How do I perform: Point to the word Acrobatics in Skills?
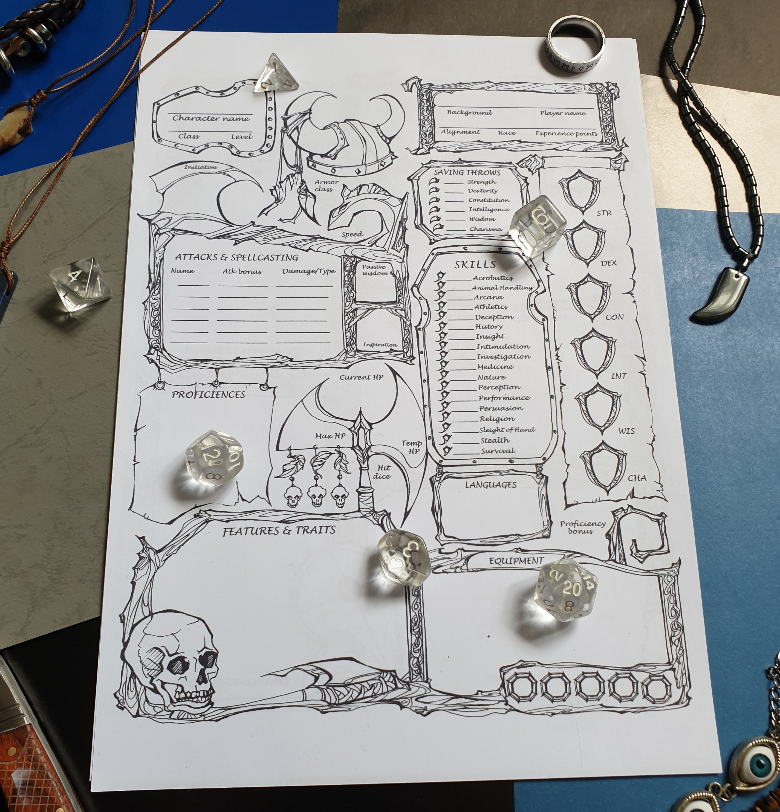pos(493,278)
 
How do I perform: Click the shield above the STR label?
pos(579,192)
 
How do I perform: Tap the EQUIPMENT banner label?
pos(516,561)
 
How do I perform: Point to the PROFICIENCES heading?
pos(209,395)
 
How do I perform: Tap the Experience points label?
pos(566,134)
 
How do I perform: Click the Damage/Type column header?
pos(309,271)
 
